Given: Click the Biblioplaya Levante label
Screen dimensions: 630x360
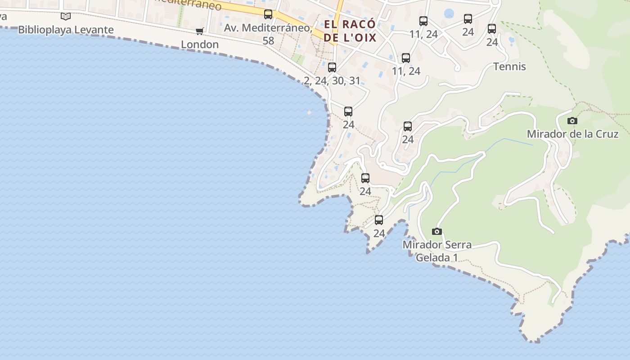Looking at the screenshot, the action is coord(66,30).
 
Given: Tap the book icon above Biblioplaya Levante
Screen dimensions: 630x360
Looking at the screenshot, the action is coord(66,17).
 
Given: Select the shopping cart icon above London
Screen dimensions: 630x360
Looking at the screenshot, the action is coord(200,31).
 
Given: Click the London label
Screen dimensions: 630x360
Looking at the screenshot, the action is coord(200,45).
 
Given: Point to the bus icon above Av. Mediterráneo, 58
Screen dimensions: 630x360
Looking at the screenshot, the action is coord(268,14).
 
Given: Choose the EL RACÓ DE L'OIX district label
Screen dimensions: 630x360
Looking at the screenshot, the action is coord(350,31).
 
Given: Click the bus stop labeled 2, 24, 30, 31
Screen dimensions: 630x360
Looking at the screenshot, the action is coord(332,67).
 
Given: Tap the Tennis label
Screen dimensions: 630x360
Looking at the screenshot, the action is coord(509,67).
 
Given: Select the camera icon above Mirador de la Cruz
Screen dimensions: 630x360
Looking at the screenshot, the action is coord(572,121).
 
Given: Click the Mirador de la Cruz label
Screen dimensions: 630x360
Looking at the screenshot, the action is coord(572,134).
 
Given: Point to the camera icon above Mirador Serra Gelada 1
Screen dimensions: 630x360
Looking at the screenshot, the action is coord(436,231).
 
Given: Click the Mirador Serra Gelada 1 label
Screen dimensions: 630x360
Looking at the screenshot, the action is coord(437,251).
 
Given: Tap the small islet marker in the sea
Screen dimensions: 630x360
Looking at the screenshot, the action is coord(309,112).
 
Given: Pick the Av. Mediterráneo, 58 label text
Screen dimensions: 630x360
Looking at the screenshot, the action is coord(268,28).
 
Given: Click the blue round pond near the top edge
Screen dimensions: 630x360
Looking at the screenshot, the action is coord(449,13).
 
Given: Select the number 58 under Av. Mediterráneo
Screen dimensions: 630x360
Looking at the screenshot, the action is coord(268,40).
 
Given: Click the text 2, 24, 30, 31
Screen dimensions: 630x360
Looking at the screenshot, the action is coord(332,81).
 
